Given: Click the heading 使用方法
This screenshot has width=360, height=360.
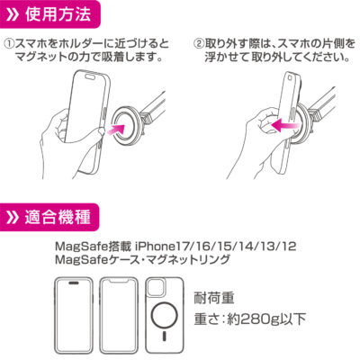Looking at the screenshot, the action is click(58, 14).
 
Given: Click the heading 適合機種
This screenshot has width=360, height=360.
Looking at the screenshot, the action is click(58, 217).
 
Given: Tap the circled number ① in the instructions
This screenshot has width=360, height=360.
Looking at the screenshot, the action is click(9, 44).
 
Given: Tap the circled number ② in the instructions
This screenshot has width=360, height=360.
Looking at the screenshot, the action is click(199, 44).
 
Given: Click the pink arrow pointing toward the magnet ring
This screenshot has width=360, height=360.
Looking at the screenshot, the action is click(115, 130).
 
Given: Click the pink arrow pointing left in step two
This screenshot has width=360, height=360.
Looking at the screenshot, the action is click(284, 124).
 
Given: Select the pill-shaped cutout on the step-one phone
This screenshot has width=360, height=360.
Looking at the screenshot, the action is click(90, 76).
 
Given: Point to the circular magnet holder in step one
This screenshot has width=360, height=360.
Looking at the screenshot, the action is click(123, 124).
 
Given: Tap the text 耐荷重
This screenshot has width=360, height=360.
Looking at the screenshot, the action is click(214, 298).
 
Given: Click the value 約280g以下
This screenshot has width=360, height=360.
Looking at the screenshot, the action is click(266, 319).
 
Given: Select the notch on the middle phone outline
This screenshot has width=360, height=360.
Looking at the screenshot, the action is click(119, 283).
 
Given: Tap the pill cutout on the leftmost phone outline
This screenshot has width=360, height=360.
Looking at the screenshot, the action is click(73, 283).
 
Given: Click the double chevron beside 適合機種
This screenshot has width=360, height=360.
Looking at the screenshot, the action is click(13, 217).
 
